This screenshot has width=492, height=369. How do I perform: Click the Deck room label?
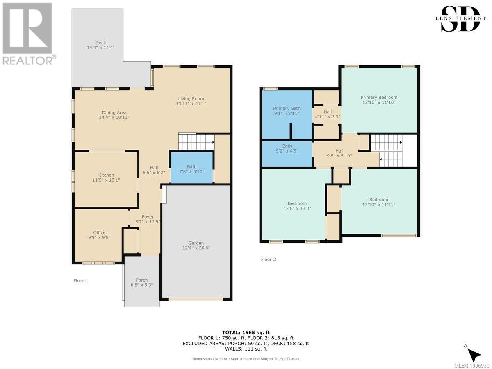pos(100,43)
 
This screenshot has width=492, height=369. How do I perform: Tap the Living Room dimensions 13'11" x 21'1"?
pos(191,104)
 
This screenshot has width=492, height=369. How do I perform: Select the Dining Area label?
pos(114,112)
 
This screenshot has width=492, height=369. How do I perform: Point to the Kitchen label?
pos(106,175)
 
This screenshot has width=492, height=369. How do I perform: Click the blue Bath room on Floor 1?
pos(191,167)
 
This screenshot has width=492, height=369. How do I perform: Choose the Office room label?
pos(99,232)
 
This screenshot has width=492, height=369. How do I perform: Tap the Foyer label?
pos(148,217)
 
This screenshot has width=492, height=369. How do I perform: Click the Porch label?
pos(142,280)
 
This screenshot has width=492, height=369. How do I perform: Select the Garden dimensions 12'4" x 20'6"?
pos(196,248)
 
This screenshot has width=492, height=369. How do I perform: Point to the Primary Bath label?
pos(287,108)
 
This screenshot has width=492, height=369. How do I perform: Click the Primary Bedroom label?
pos(379,98)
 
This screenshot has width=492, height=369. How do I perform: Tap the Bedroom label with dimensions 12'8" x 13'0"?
pos(297,203)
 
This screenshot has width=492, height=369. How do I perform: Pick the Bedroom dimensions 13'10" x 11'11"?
pos(379,205)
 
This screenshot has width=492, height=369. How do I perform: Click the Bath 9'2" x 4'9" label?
pos(287,148)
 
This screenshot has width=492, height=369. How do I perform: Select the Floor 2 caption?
pos(268,260)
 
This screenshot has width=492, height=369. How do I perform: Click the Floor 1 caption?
pos(81,281)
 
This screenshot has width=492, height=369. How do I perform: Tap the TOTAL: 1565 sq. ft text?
pos(246,333)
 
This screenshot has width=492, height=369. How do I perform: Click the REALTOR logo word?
pos(28,60)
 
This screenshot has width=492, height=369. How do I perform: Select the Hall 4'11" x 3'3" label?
pos(328,114)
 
